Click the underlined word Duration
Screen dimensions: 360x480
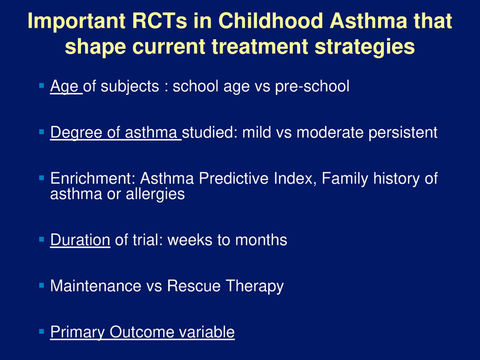coord(80,241)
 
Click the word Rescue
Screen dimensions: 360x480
coord(192,286)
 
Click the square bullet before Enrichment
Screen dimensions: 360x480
coord(41,178)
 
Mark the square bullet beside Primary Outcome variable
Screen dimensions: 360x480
coord(41,331)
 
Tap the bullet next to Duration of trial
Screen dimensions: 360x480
coord(41,239)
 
